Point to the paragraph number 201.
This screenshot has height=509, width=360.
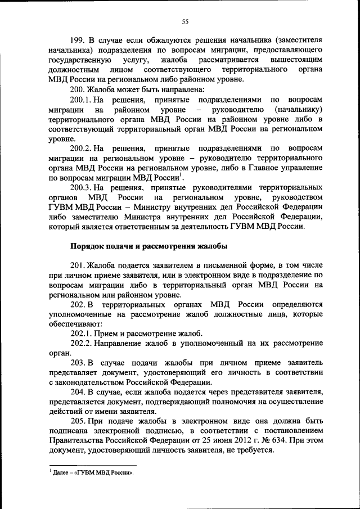[77, 265]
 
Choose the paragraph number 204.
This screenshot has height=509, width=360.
[78, 392]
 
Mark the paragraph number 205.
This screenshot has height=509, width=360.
[78, 422]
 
